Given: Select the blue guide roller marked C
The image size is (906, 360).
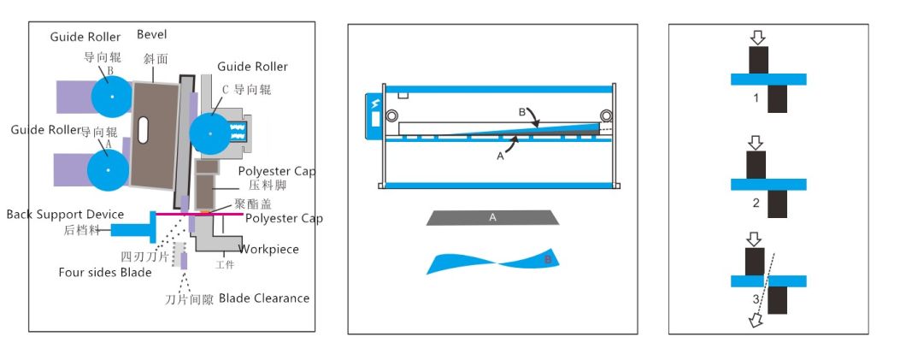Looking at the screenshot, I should click(210, 133).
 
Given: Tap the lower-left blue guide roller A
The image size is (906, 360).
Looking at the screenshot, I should click(109, 169).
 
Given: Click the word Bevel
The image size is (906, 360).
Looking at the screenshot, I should click(152, 34).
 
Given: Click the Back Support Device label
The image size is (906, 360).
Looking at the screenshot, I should click(65, 214).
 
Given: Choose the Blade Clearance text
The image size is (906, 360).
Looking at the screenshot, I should click(264, 298).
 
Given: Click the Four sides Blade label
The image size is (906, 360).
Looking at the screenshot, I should click(105, 273).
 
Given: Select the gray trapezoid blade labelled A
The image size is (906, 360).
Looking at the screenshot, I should click(492, 218).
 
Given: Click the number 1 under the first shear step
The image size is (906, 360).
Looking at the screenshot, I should click(756, 99).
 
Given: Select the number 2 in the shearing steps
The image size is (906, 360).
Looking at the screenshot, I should click(756, 203).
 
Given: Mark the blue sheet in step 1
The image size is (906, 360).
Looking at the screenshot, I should click(768, 80).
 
